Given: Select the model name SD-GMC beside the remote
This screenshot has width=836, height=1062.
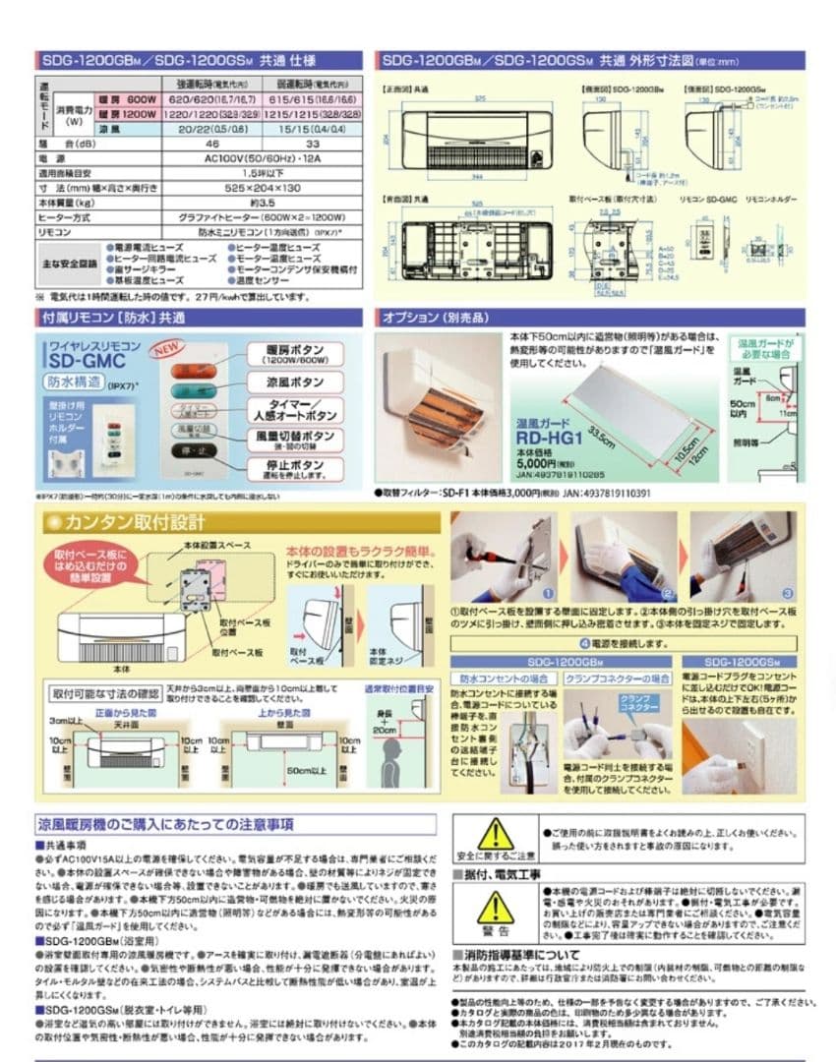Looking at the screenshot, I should tap(88, 362).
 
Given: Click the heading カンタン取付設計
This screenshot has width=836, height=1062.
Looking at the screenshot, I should tap(136, 522).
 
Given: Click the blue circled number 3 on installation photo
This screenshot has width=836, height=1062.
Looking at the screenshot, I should tap(788, 594).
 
